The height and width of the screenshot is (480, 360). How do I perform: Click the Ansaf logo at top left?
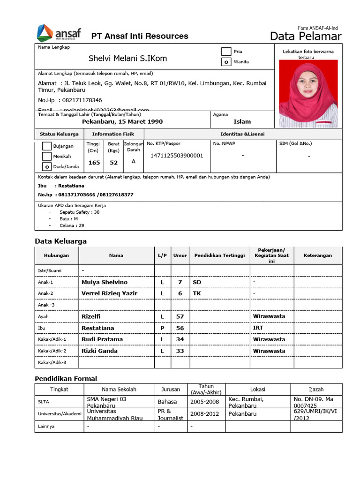click(x=59, y=33)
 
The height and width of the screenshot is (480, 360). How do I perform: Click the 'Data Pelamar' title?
click(x=306, y=37)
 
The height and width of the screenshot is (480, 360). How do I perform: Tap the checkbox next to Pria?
click(x=226, y=52)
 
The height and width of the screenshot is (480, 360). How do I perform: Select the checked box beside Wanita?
click(x=226, y=62)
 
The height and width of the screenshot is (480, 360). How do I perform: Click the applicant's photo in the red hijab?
click(x=308, y=94)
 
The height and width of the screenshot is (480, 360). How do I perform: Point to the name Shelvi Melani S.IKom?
click(x=127, y=59)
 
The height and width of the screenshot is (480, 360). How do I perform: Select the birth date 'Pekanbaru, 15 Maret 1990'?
click(x=122, y=122)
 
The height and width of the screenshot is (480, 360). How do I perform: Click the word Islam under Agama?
click(x=242, y=122)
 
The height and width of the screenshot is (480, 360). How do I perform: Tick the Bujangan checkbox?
click(x=47, y=146)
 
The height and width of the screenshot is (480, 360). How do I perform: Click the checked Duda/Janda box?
click(x=47, y=166)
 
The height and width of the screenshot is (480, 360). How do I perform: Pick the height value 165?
click(x=94, y=163)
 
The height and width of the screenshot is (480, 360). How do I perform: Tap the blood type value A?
click(x=134, y=161)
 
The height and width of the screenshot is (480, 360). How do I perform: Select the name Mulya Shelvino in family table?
click(x=104, y=282)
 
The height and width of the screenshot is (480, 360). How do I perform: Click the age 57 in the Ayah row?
click(x=180, y=316)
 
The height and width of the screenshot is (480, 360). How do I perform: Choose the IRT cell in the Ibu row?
click(x=258, y=328)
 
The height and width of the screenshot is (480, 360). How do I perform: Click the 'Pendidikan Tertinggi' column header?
click(x=219, y=255)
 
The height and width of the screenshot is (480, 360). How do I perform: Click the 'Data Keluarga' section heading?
click(x=61, y=241)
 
